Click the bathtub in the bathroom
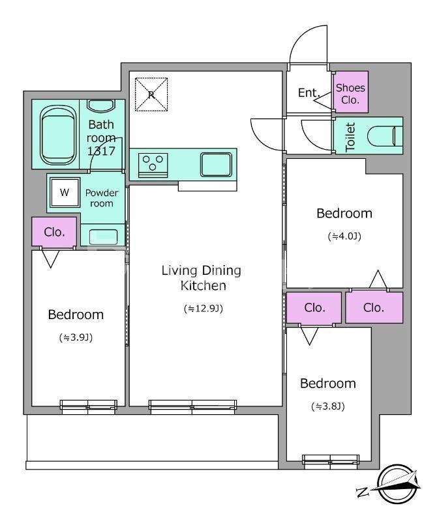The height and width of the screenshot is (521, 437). pyautogui.click(x=57, y=135)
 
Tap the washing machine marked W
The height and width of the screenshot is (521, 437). pyautogui.click(x=65, y=192)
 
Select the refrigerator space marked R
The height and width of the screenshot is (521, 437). pyautogui.click(x=151, y=94)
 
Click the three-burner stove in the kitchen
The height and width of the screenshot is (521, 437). pyautogui.click(x=153, y=165)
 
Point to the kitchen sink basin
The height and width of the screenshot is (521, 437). pyautogui.click(x=216, y=165)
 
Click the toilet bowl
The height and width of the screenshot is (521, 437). pyautogui.click(x=385, y=136)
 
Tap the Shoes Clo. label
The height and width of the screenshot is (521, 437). pyautogui.click(x=350, y=93)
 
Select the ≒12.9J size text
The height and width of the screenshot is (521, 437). pyautogui.click(x=203, y=309)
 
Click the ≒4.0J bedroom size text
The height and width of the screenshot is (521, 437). pyautogui.click(x=344, y=236)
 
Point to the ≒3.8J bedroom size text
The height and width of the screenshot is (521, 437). pyautogui.click(x=328, y=406)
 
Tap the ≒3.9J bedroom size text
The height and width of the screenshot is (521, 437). pyautogui.click(x=76, y=337)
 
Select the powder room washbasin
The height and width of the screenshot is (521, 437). pyautogui.click(x=103, y=236)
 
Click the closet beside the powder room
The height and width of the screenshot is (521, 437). pyautogui.click(x=54, y=232)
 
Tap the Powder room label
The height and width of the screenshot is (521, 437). pyautogui.click(x=102, y=198)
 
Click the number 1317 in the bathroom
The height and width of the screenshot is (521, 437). pyautogui.click(x=101, y=151)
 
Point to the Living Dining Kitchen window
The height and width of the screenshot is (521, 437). pyautogui.click(x=192, y=406)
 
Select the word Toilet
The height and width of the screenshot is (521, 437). pyautogui.click(x=350, y=137)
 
